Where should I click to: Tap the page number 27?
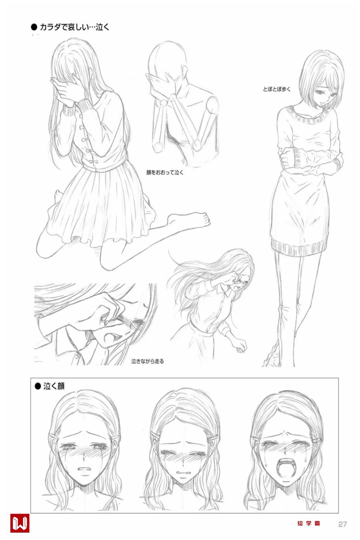342,524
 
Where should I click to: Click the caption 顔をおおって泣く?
165,172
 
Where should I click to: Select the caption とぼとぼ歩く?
277,89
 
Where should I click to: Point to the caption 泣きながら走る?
147,361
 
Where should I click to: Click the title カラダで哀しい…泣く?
74,27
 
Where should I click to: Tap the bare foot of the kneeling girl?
190,219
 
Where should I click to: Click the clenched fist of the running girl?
240,346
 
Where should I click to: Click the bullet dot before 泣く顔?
38,386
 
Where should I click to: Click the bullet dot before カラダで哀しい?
34,27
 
